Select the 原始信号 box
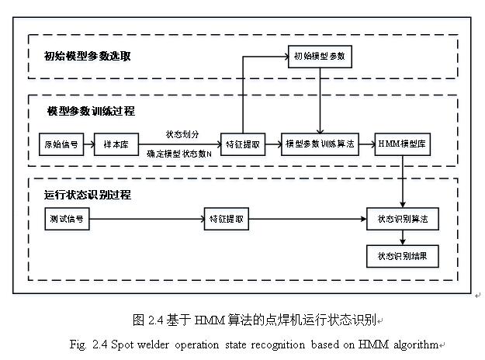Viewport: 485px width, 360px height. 59,144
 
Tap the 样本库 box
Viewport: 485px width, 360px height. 115,144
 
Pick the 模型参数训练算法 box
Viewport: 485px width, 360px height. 320,144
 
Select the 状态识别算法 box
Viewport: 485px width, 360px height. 403,220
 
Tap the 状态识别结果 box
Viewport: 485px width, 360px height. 403,255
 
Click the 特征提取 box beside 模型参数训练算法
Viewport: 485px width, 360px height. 243,144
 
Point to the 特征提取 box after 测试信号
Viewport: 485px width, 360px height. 227,220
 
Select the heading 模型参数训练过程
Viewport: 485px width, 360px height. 92,111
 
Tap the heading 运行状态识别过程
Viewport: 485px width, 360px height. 87,195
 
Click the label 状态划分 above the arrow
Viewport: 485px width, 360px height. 182,134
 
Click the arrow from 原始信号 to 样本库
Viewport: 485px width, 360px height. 87,144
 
